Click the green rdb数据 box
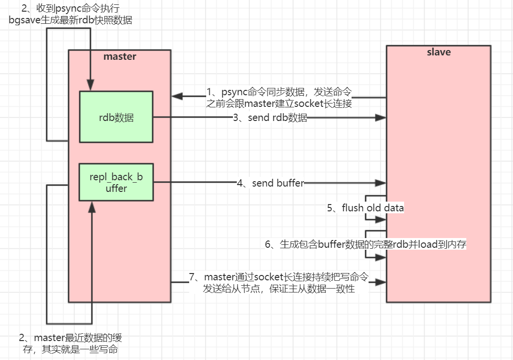coord(116,117)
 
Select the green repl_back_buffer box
coord(116,182)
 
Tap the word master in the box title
coord(120,56)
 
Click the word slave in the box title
coord(439,52)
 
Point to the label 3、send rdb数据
coord(270,118)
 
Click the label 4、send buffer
coord(270,183)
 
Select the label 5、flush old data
coord(365,208)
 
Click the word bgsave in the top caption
coord(25,20)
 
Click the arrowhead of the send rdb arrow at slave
coord(381,118)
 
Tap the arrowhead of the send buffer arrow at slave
coord(381,183)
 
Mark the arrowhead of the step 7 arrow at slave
coord(381,282)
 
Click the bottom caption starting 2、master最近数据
coord(74,343)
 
